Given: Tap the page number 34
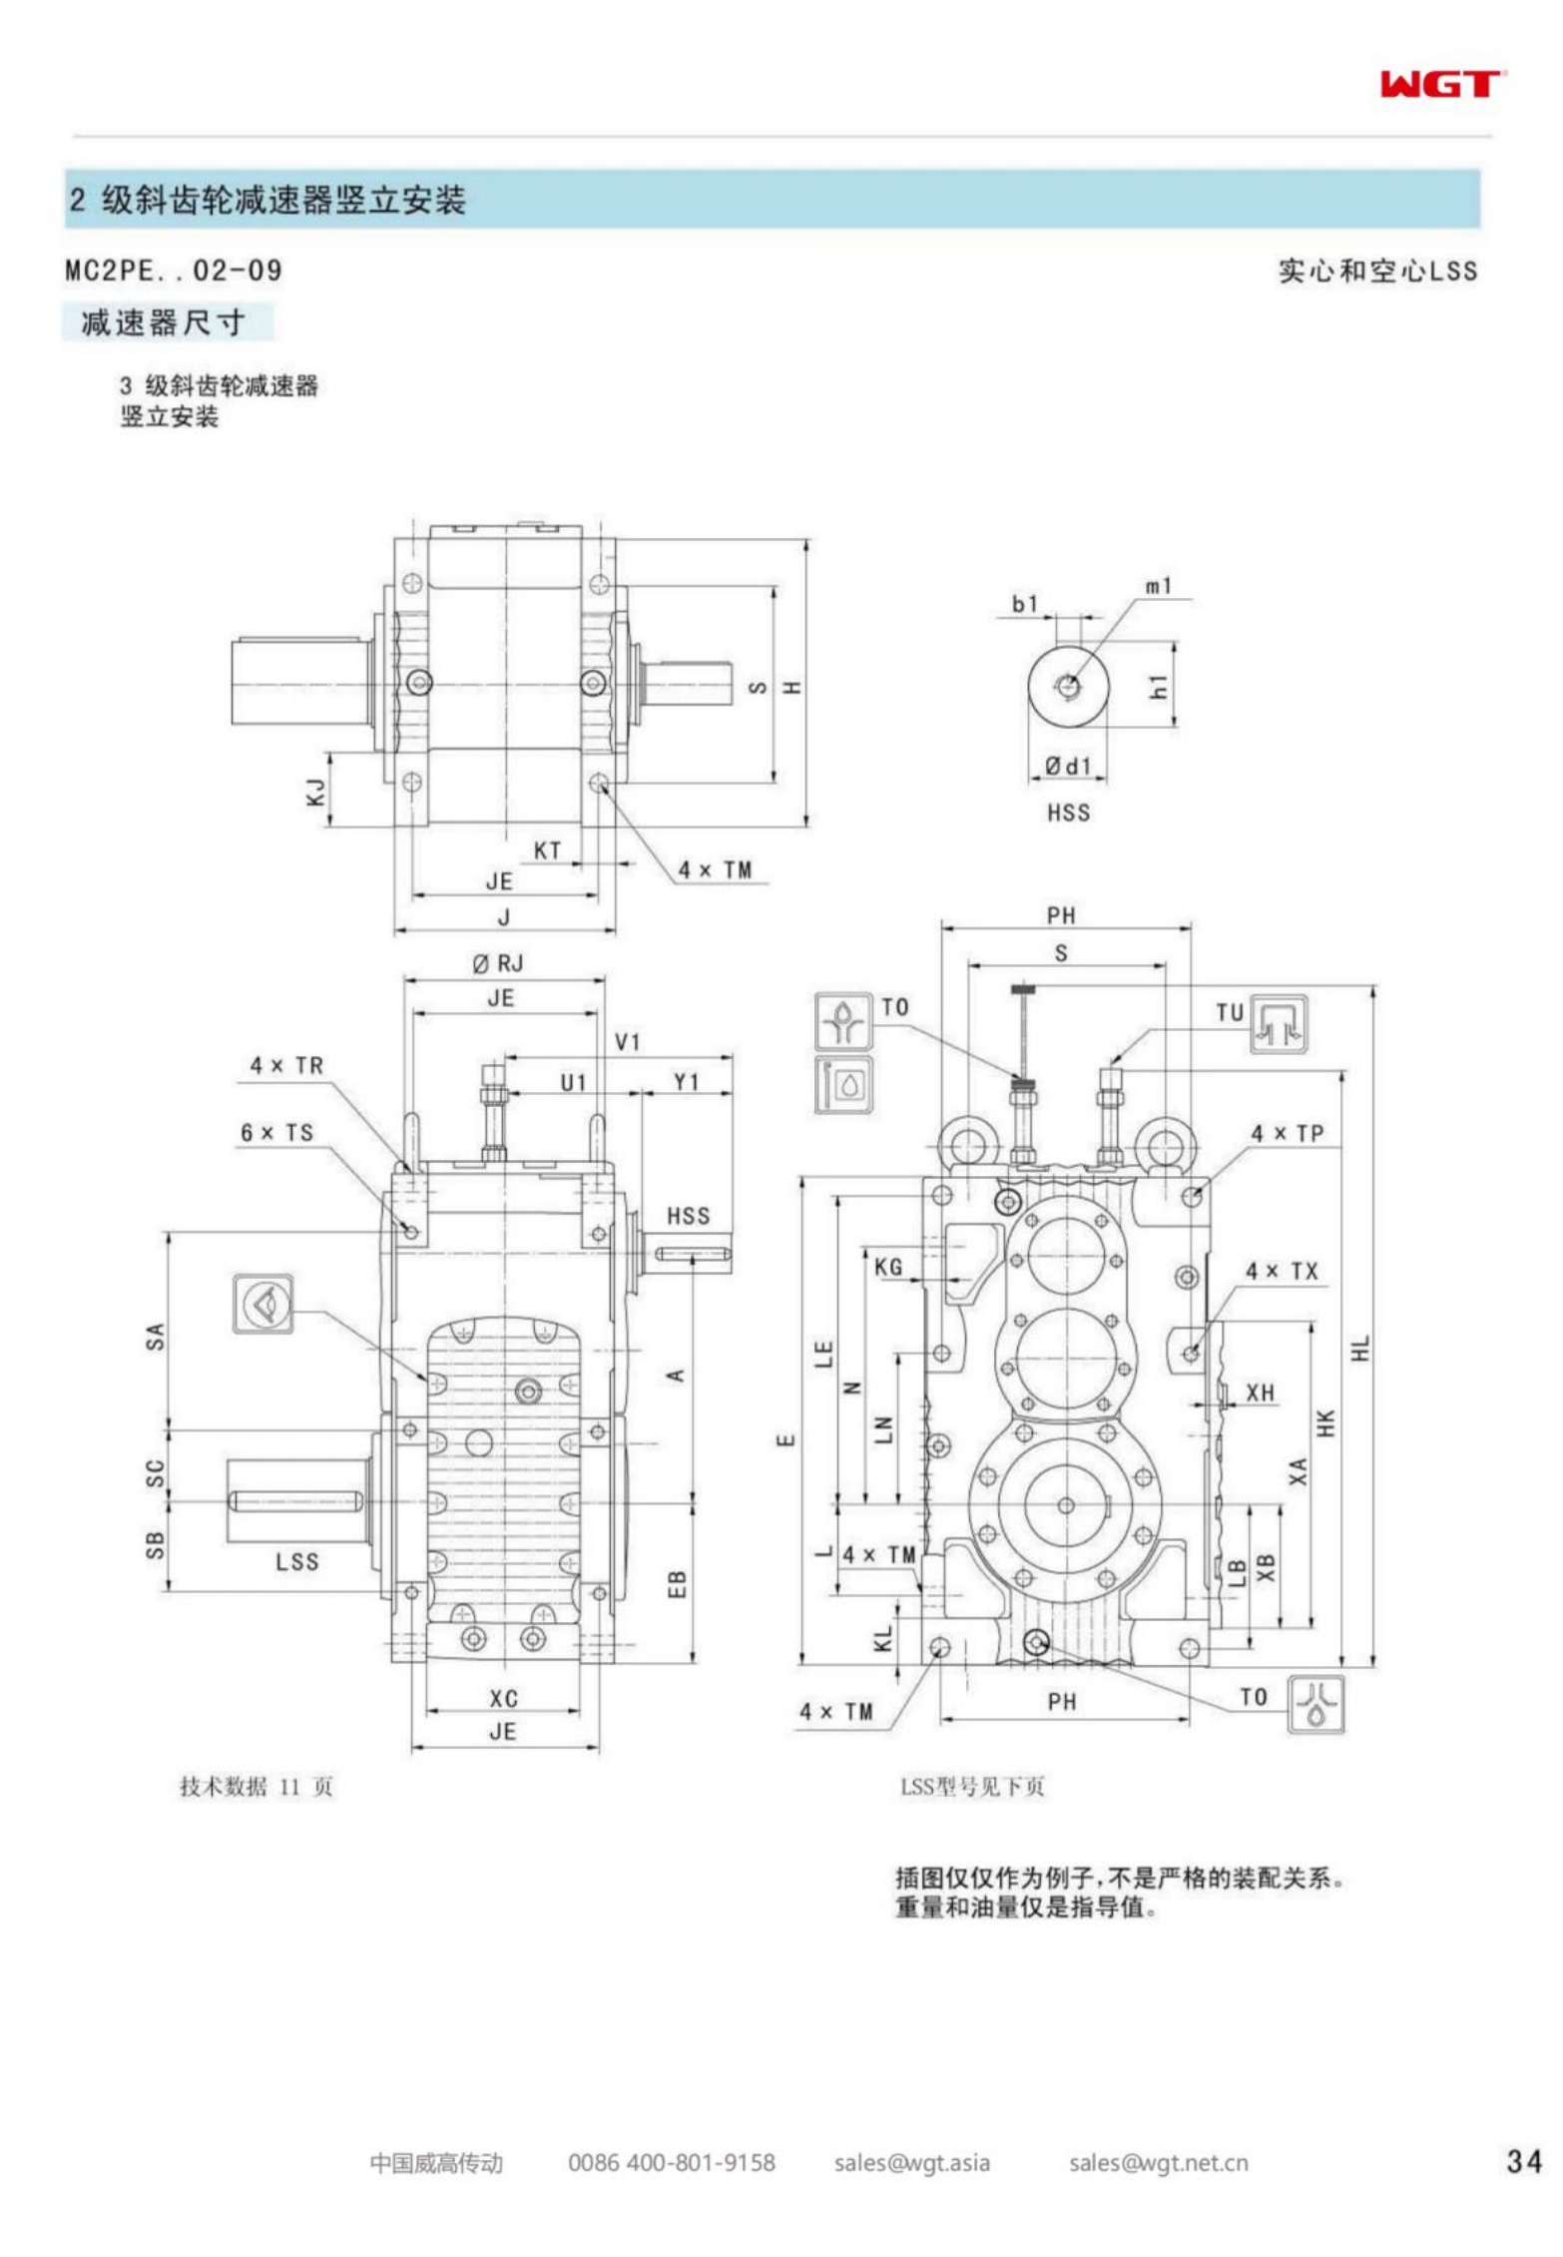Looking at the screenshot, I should pos(1523,2161).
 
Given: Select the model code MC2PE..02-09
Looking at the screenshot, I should pos(174,271).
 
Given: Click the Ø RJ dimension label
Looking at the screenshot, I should pos(497,963).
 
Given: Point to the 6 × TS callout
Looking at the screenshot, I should pos(276,1132).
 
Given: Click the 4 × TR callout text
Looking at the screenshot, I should pos(286,1065).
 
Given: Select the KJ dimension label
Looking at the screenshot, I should pos(315,793).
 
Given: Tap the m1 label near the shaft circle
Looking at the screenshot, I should pos(1158,586).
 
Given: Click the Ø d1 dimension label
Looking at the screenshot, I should pos(1068,766).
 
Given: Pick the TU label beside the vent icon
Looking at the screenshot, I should pos(1230,1012).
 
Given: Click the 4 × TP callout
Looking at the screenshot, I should pos(1288,1133).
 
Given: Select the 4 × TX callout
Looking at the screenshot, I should pos(1282,1271).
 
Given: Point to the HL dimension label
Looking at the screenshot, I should pos(1360,1348).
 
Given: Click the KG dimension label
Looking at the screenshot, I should pos(887,1267).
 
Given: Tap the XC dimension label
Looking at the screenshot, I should pos(503,1698).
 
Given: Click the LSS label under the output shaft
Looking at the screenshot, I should pos(297,1562).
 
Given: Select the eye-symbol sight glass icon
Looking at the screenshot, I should pos(262,1303).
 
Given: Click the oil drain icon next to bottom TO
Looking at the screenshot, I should pos(1315,1703).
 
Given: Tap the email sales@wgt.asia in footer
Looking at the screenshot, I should pos(911,2162).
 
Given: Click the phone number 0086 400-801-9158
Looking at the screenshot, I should pos(671,2162).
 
